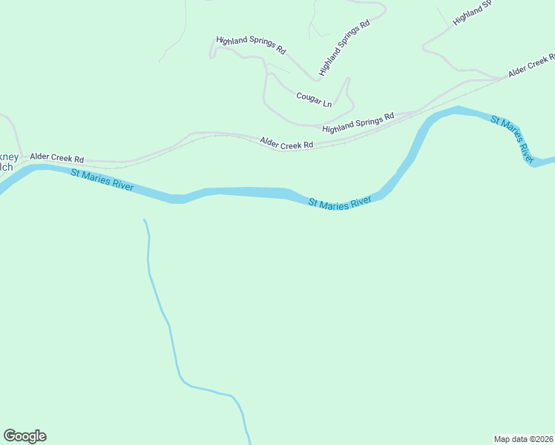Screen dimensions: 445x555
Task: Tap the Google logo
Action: pos(24,436)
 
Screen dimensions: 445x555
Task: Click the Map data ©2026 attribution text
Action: pos(523,438)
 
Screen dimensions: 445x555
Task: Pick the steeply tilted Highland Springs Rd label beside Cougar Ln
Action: pos(344,49)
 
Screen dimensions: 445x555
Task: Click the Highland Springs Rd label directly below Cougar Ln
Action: pos(358,123)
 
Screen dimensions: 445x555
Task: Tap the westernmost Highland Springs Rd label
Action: pos(251,45)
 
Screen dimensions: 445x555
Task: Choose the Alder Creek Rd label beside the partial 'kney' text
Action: pos(56,159)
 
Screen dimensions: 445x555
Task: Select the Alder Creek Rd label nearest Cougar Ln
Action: pos(286,142)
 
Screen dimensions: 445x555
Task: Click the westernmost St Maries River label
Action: pos(102,180)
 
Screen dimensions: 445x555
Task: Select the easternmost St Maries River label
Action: pos(512,138)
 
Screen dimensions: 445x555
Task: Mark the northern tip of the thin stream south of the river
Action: pos(144,220)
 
